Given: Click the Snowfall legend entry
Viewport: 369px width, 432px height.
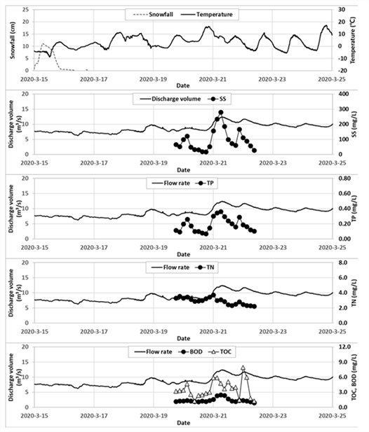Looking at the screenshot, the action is (153, 15).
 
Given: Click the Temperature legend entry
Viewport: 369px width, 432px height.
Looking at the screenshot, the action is (207, 15).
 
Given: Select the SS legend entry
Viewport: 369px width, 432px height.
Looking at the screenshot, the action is (217, 99).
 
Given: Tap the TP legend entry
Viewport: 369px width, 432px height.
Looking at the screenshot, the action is (206, 183).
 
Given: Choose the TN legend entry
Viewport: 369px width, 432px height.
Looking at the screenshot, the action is (206, 267).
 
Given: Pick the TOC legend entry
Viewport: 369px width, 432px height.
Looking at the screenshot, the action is (222, 351).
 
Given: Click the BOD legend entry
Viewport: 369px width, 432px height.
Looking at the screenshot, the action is (190, 351).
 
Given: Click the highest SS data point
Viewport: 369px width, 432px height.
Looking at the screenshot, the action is (221, 113).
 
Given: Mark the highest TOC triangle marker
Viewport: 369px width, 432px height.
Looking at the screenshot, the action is (243, 368).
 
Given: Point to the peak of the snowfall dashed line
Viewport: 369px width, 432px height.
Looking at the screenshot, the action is (43, 43).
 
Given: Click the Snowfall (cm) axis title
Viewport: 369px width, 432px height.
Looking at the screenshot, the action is (13, 40).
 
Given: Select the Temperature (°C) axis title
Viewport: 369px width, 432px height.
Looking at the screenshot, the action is (353, 40).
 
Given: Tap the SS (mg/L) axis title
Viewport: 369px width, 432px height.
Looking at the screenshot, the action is (354, 124).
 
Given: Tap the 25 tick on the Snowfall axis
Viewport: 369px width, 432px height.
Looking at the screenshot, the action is (26, 10).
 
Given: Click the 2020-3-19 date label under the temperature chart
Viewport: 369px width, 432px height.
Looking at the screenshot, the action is (153, 79).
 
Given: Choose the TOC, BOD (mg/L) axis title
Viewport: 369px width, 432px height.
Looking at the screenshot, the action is (354, 377).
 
